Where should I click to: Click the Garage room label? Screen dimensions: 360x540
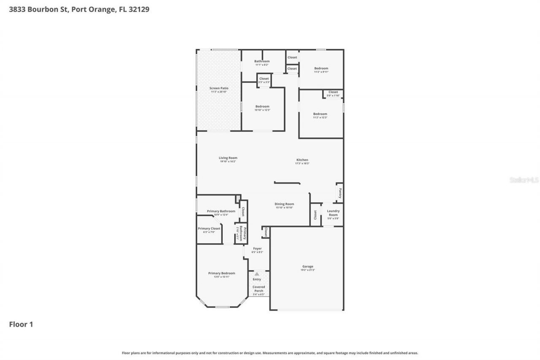308,267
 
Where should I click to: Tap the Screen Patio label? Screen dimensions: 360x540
219,88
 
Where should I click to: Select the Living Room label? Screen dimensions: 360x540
228,158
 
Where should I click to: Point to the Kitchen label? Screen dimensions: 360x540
302,160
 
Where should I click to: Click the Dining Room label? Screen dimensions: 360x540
284,204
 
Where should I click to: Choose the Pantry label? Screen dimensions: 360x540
340,193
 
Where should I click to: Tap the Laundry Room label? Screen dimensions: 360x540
333,213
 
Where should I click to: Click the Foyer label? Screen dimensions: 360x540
257,249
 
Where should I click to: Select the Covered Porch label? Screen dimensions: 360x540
259,289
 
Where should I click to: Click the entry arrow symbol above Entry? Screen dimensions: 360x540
257,274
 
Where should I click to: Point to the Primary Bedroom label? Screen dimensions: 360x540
221,273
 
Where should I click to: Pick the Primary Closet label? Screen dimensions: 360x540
209,229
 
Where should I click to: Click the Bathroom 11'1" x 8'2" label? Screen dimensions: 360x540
262,61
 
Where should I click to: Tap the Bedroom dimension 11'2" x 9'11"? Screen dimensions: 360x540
321,72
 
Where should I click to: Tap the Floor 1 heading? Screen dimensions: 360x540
21,324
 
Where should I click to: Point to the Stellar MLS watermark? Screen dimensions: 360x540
524,180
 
